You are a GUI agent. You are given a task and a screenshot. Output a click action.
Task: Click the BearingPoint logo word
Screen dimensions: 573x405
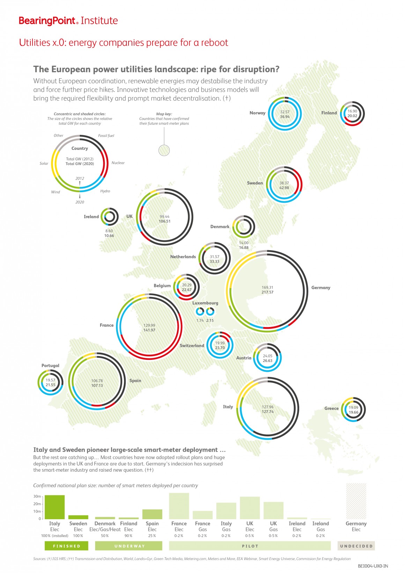[x=47, y=21]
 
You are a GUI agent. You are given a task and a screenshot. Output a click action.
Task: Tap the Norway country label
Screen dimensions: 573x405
[x=257, y=113]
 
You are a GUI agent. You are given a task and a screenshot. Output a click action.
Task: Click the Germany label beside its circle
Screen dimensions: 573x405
[x=321, y=288]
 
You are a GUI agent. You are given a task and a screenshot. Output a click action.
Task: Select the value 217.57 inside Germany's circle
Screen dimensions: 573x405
[x=267, y=292]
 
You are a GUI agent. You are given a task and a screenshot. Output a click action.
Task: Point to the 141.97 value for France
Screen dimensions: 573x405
[x=149, y=330]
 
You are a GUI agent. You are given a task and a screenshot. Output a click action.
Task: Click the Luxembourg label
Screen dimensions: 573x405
[x=205, y=303]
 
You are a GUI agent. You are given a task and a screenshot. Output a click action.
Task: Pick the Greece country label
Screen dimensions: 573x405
[x=331, y=408]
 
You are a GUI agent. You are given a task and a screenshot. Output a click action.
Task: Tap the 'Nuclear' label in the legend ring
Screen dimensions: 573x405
[x=118, y=163]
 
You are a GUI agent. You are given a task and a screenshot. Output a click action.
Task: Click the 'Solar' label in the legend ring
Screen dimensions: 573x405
[x=44, y=163]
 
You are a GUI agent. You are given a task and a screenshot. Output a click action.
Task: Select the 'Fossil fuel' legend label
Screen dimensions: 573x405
[x=106, y=136]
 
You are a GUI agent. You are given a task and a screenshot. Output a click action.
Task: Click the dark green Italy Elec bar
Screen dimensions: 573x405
[x=54, y=507]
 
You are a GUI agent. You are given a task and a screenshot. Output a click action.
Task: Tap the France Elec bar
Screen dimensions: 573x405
[x=179, y=506]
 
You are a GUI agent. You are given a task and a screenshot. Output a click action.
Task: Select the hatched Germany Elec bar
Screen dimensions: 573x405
[x=356, y=501]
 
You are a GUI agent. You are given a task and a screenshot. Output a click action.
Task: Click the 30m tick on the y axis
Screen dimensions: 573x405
[x=37, y=496]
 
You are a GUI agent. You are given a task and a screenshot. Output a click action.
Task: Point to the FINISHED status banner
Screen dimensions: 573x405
[x=66, y=546]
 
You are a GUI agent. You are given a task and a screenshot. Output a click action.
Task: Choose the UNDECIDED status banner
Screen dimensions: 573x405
[x=356, y=546]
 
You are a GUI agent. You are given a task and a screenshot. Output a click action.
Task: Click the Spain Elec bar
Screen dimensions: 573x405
[x=152, y=514]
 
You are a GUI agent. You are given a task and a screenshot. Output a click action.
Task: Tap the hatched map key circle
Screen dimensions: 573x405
[x=164, y=151]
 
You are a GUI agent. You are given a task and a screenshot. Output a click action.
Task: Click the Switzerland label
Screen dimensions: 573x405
[x=192, y=346]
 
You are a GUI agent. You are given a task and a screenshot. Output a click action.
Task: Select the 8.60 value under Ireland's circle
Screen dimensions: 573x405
[x=109, y=231]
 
